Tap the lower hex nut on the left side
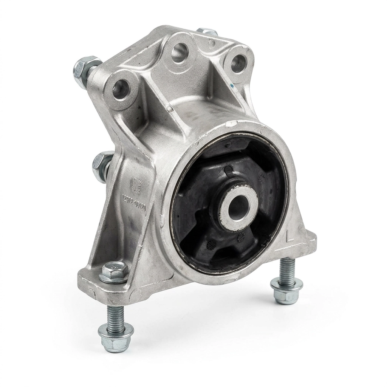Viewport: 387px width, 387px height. coord(101,166)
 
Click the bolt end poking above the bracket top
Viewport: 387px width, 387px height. coord(207,31)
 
